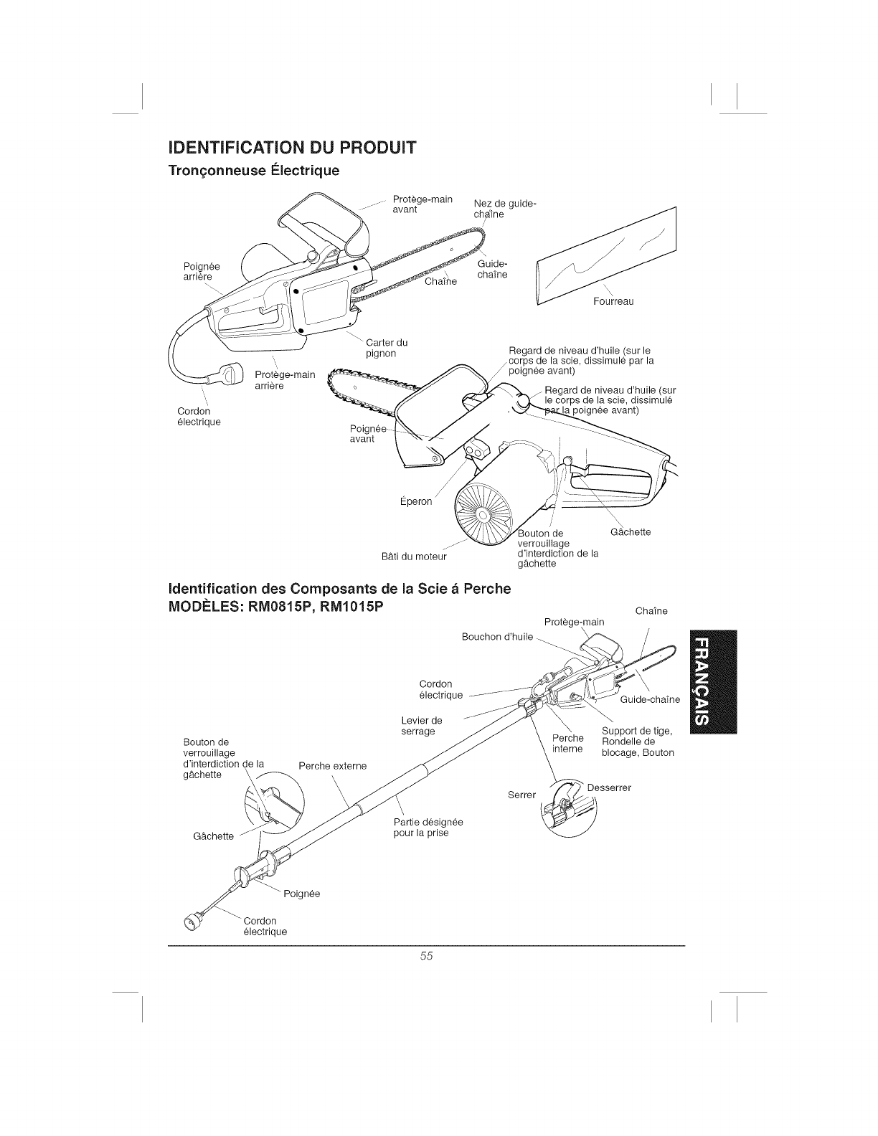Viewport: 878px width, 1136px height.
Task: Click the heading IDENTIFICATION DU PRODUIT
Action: (291, 148)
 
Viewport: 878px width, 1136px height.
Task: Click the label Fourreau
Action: (613, 301)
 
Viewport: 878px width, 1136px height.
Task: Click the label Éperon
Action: (415, 501)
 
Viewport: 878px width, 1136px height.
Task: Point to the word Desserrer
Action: (609, 787)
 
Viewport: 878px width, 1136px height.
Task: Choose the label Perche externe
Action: (332, 766)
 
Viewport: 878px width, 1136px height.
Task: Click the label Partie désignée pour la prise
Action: (428, 827)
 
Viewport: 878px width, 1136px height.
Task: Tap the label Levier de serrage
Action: (421, 725)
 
